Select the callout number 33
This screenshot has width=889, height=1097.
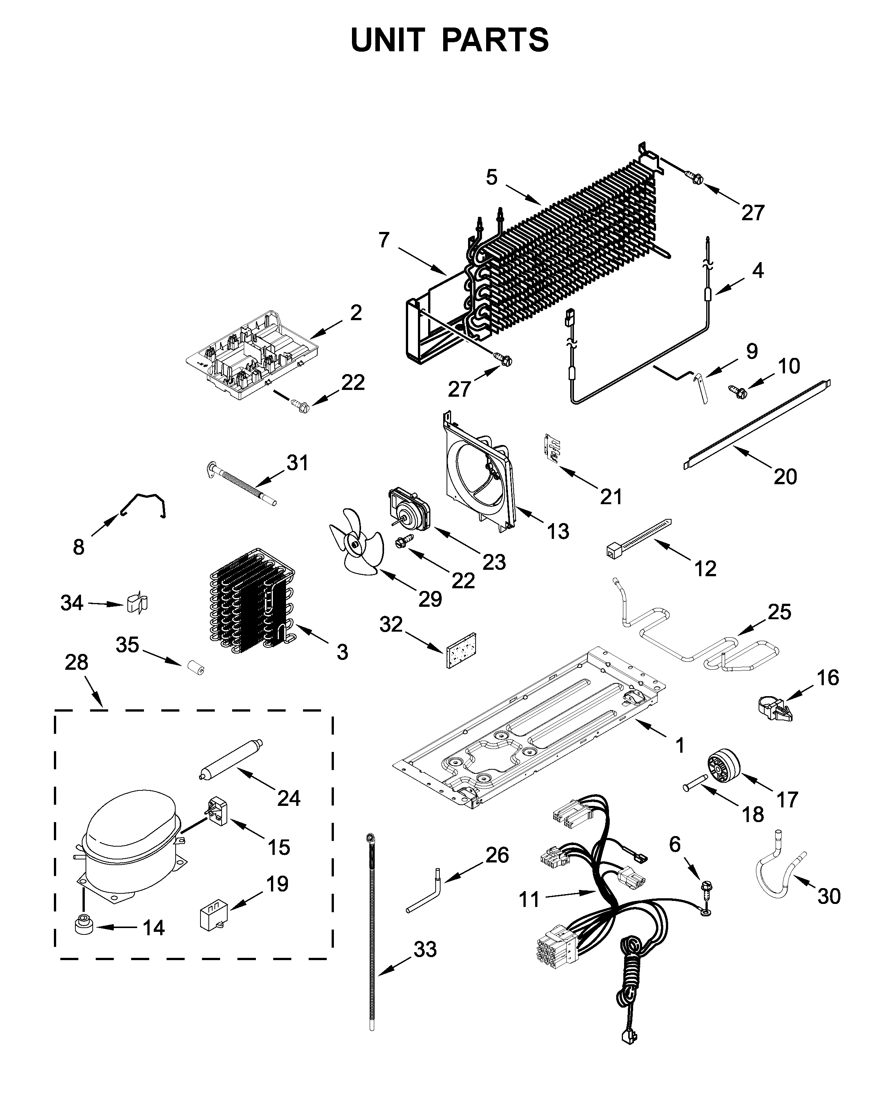pyautogui.click(x=425, y=950)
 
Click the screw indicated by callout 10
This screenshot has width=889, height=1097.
pyautogui.click(x=738, y=391)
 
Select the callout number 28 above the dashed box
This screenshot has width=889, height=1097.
pyautogui.click(x=77, y=663)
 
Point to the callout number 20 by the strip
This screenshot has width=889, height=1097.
pyautogui.click(x=785, y=477)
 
